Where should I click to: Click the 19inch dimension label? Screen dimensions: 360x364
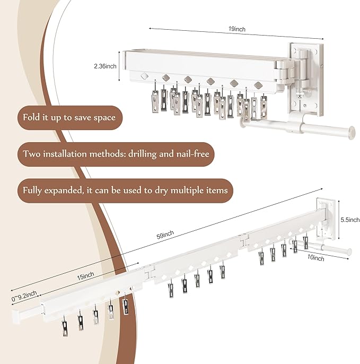(236, 29)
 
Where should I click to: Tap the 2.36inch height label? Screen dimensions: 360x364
(105, 66)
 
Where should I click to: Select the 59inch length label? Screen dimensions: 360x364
(165, 235)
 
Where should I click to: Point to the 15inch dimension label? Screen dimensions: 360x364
(85, 276)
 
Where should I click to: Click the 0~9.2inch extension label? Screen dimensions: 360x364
(24, 296)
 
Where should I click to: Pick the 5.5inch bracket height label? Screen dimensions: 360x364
(350, 220)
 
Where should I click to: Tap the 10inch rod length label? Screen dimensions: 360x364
(315, 258)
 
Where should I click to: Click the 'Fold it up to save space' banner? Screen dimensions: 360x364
(69, 117)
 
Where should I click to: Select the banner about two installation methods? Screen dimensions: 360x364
(116, 154)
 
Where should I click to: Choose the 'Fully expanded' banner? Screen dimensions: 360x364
(125, 190)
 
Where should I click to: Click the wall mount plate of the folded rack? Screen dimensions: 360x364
(306, 79)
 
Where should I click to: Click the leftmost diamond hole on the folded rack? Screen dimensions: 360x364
(144, 76)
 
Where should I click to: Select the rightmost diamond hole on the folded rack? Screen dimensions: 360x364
(258, 85)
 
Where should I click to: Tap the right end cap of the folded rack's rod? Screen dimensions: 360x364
(352, 132)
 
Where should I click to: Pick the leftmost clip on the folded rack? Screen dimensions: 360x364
(155, 102)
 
